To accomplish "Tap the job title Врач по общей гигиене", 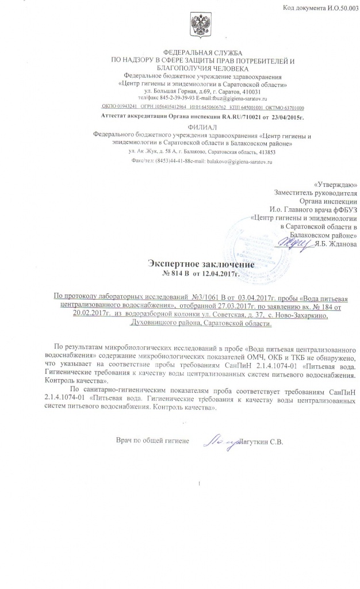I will tap(152, 441).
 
